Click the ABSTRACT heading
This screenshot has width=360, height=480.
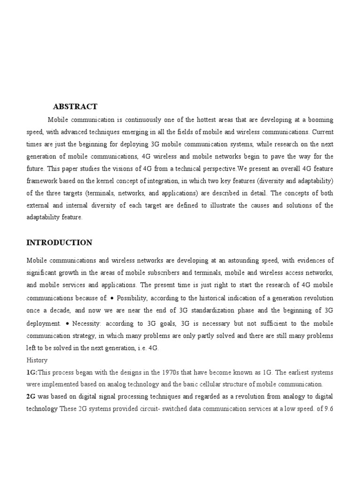tap(75, 107)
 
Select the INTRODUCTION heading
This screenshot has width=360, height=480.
tap(59, 243)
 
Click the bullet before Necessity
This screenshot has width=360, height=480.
tap(68, 322)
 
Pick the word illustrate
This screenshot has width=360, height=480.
tap(226, 205)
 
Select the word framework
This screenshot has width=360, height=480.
tap(41, 180)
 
